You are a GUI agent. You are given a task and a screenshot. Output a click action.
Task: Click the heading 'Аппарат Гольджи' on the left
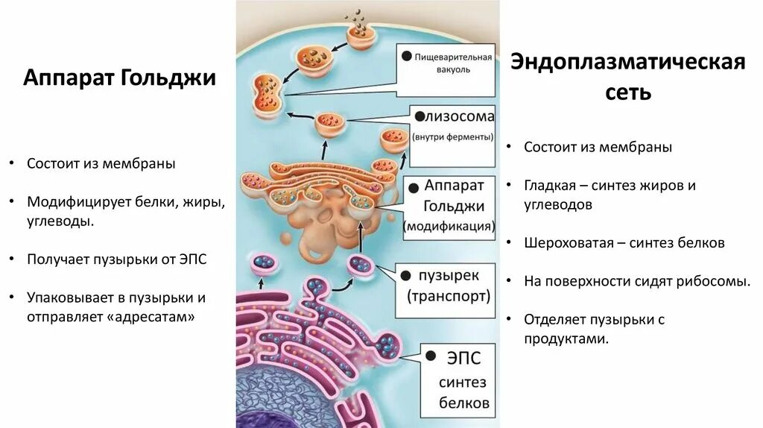tap(119, 78)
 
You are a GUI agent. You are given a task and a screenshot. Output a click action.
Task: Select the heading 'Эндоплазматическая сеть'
tap(627, 77)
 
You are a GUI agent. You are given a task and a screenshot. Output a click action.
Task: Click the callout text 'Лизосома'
tap(457, 116)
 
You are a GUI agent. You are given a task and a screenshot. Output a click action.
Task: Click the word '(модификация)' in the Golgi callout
tap(449, 225)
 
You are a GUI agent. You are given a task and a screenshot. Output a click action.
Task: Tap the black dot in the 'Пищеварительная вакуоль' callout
tap(406, 56)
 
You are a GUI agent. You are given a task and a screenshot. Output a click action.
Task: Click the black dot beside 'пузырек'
tap(406, 275)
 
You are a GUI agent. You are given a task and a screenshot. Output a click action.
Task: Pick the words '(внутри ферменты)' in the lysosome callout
tap(452, 137)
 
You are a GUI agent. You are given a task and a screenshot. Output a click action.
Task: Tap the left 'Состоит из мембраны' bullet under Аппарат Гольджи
tap(101, 163)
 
